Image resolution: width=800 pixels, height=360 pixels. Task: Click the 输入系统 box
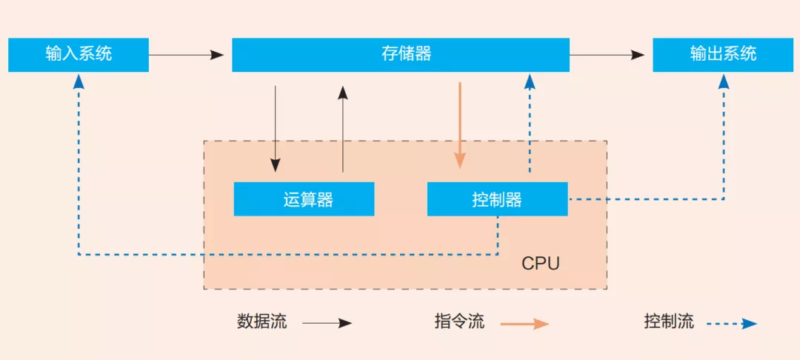79,55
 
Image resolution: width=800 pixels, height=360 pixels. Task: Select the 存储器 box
401,55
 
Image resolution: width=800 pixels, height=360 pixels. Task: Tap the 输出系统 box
723,55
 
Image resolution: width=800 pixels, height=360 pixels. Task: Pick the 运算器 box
304,199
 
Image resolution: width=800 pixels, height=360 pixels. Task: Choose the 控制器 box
497,199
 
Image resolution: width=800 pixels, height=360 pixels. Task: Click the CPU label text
541,263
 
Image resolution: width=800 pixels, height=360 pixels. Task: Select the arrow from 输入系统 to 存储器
186,55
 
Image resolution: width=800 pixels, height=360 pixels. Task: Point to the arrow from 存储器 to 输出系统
607,55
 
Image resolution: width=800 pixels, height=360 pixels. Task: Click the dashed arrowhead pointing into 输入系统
79,81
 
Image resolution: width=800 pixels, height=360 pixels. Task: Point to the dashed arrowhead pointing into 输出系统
724,81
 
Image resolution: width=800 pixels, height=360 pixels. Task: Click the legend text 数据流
261,322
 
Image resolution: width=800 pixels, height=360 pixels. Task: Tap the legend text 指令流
459,322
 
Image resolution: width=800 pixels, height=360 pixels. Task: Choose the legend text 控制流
669,322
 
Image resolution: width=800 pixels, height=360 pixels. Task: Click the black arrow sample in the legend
327,323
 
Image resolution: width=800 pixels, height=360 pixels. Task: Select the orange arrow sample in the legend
524,323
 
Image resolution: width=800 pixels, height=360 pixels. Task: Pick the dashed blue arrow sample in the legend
731,323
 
